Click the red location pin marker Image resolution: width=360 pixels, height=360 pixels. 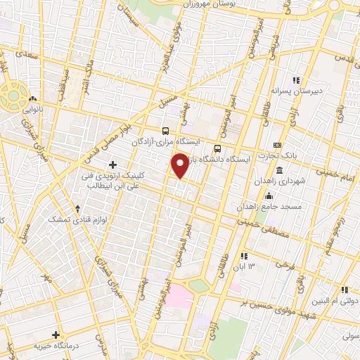[181, 166]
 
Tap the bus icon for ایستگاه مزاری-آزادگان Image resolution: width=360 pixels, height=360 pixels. [165, 130]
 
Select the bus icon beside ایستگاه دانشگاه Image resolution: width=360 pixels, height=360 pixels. [217, 148]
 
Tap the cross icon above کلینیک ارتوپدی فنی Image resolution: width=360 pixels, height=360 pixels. [112, 164]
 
